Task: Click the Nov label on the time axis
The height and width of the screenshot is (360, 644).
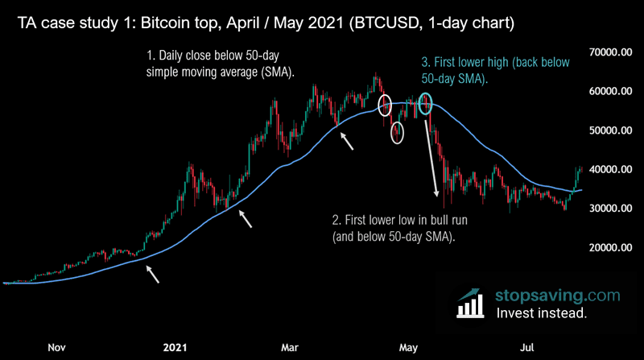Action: point(56,347)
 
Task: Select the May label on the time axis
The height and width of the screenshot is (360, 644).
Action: point(409,347)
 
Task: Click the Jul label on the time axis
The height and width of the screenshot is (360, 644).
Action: point(527,347)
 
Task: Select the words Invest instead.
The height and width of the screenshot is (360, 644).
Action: point(542,314)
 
